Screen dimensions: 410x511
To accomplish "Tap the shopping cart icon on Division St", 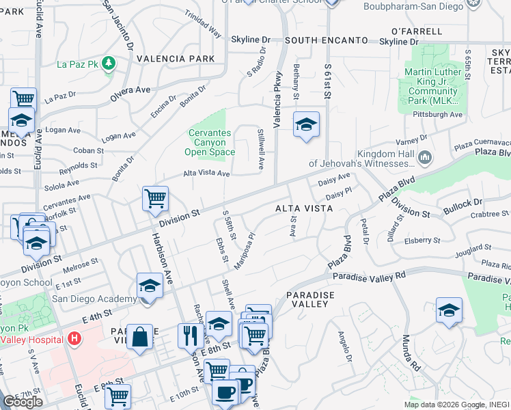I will click(x=156, y=199).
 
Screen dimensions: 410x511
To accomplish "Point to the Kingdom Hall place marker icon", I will click(x=425, y=159).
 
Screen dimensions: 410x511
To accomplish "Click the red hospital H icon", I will click(x=74, y=339).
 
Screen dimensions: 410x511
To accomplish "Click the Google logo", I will click(x=23, y=402).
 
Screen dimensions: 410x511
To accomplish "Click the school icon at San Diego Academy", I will click(x=150, y=286).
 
